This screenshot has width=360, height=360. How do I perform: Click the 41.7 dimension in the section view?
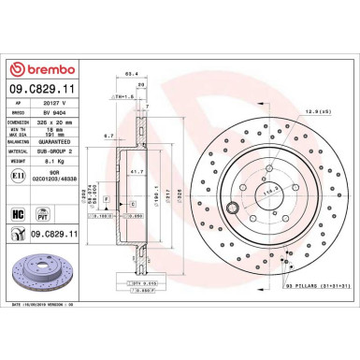pyautogui.click(x=137, y=172)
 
